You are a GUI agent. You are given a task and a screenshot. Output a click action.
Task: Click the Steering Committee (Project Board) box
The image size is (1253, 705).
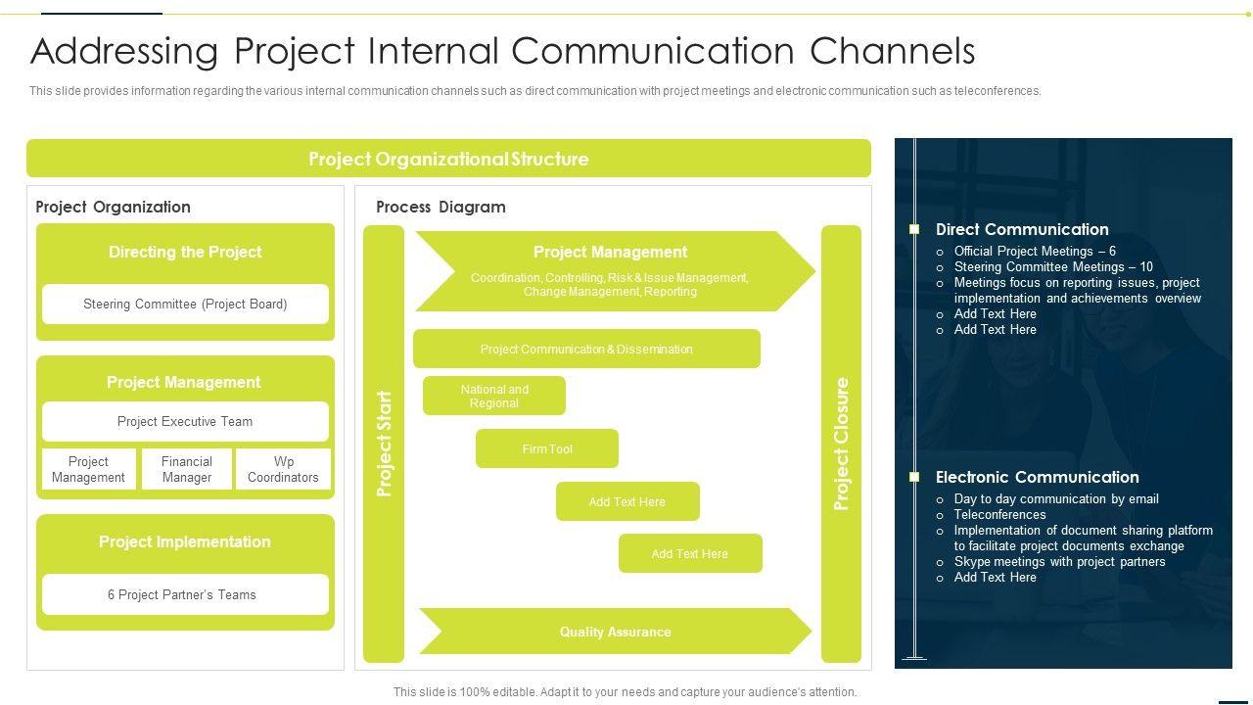click(x=185, y=304)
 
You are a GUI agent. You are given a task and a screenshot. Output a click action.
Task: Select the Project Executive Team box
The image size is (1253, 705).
click(x=185, y=421)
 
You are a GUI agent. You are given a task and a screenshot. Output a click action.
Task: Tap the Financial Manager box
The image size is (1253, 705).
click(x=186, y=469)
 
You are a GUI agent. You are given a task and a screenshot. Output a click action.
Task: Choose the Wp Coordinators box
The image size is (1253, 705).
click(x=283, y=469)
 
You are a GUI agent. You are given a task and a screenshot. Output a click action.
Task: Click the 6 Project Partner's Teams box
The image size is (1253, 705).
click(x=185, y=594)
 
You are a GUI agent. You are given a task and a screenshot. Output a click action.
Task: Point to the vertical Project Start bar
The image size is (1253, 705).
click(x=384, y=444)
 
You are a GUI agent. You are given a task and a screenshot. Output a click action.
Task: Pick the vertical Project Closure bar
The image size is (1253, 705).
click(x=841, y=444)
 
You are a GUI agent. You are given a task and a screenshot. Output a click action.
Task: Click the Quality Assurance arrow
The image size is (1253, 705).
click(x=616, y=632)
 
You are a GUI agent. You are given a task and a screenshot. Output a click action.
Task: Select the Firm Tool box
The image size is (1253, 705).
click(x=547, y=448)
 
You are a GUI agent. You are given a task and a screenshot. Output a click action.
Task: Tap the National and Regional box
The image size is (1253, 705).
click(x=494, y=396)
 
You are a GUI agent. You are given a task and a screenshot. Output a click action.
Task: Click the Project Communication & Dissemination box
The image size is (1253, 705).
click(x=586, y=349)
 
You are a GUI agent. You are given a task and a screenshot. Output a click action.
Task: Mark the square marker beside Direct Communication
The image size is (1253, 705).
click(x=914, y=229)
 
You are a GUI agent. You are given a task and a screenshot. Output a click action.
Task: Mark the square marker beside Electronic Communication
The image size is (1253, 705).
click(x=914, y=477)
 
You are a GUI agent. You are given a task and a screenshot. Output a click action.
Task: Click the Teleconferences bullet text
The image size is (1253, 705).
click(x=999, y=514)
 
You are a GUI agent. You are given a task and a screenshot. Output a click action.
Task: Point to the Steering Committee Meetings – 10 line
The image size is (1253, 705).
click(x=1053, y=266)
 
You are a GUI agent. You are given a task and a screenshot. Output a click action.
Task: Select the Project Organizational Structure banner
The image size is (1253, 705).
click(x=448, y=159)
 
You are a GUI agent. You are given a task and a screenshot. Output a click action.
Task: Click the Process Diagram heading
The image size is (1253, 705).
click(x=441, y=207)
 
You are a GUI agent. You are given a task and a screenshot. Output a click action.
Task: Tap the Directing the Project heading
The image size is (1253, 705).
click(x=185, y=252)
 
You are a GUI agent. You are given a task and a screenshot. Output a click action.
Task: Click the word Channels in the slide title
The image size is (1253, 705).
click(x=893, y=51)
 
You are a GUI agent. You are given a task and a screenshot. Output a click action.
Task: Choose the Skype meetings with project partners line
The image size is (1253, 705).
click(x=1059, y=561)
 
